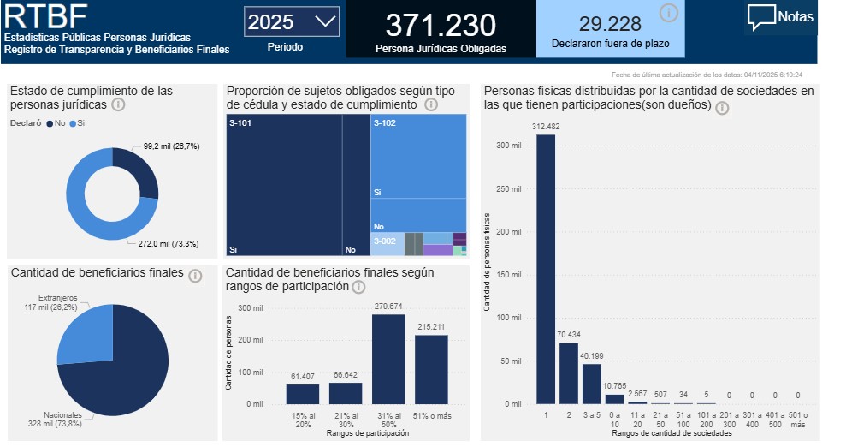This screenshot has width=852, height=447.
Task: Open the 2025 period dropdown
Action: tap(291, 22)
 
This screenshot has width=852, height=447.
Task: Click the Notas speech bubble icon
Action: tap(761, 18)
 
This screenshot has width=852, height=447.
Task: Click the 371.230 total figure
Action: tap(440, 24)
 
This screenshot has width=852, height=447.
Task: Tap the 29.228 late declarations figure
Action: tap(610, 23)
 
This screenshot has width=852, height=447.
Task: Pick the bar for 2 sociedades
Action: tap(569, 372)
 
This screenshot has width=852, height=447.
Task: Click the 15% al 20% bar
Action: tap(303, 393)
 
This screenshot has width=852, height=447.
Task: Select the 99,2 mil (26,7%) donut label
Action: tap(171, 146)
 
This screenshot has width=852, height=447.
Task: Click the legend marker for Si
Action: tap(73, 123)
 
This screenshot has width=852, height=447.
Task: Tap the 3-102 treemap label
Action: tap(384, 123)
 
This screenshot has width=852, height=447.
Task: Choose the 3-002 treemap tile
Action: tap(387, 243)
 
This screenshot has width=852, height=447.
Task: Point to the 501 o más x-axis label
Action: tap(797, 420)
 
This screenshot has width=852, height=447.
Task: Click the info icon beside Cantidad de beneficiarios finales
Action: tap(195, 276)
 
